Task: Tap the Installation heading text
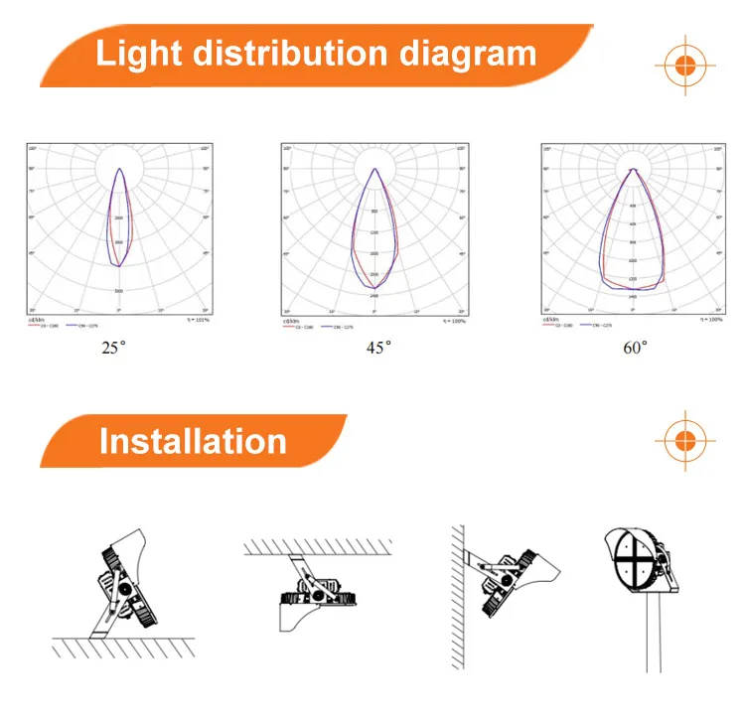click(x=193, y=442)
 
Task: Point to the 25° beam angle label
click(x=114, y=349)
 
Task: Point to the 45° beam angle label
click(x=378, y=348)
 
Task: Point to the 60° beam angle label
click(x=637, y=348)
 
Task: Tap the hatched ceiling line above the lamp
click(x=316, y=545)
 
